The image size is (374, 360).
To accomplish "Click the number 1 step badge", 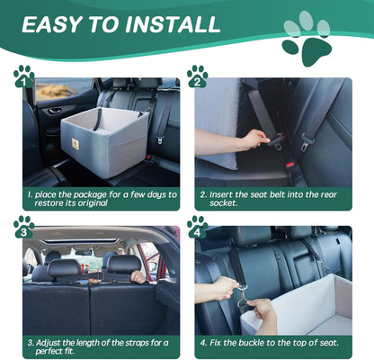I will (23, 76).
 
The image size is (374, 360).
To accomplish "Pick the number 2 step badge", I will (197, 76).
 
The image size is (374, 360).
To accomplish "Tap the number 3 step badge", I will (23, 226).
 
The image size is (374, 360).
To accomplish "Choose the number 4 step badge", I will (197, 226).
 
